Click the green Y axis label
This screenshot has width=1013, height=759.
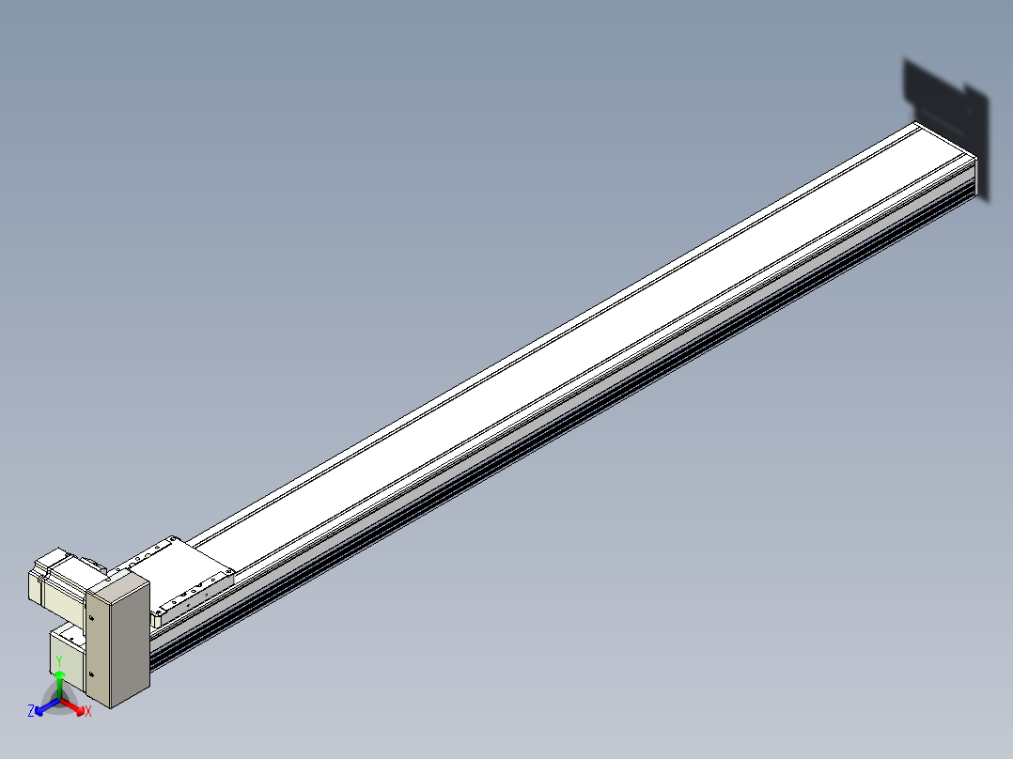[59, 661]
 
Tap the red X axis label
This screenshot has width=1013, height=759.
[88, 711]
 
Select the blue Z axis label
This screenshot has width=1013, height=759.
[31, 711]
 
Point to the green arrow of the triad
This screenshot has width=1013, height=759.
[59, 685]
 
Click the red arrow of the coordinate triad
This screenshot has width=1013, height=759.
[72, 706]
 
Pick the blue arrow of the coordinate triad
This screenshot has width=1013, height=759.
[47, 706]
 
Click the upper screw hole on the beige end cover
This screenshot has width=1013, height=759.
[91, 618]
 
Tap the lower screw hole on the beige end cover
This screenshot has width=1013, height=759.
[91, 674]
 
